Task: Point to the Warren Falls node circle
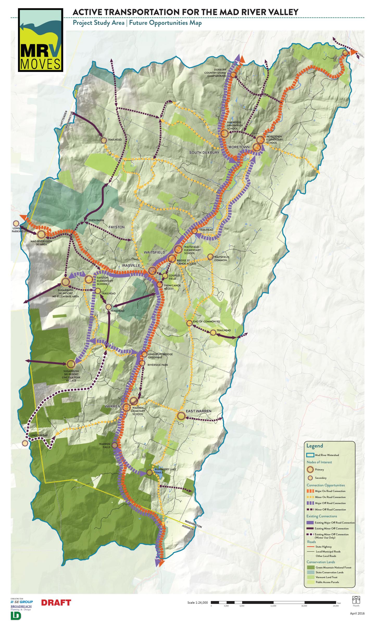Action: pyautogui.click(x=114, y=445)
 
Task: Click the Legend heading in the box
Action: pyautogui.click(x=315, y=446)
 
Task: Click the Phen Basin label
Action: pyautogui.click(x=96, y=220)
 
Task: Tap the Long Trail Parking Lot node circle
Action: pyautogui.click(x=16, y=223)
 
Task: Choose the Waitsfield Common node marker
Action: pyautogui.click(x=210, y=257)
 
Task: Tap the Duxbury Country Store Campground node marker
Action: pyautogui.click(x=233, y=75)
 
